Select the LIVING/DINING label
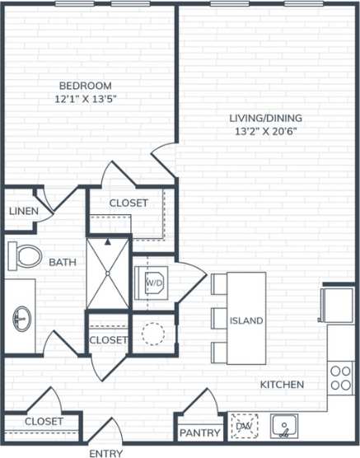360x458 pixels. coord(265,117)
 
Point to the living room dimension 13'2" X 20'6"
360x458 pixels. coord(265,130)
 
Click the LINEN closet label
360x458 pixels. coord(23,211)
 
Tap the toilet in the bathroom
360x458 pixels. coord(25,256)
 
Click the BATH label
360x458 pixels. coord(63,263)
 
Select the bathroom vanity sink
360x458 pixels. coord(21,317)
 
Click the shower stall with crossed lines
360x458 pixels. coord(108,272)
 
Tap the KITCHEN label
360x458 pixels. coord(283,385)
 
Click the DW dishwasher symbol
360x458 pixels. coord(244,426)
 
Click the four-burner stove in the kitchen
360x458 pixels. coord(340,377)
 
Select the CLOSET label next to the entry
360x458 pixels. coord(44,421)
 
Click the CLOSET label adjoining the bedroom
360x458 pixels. coord(129,203)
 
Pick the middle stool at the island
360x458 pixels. coord(219,319)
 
